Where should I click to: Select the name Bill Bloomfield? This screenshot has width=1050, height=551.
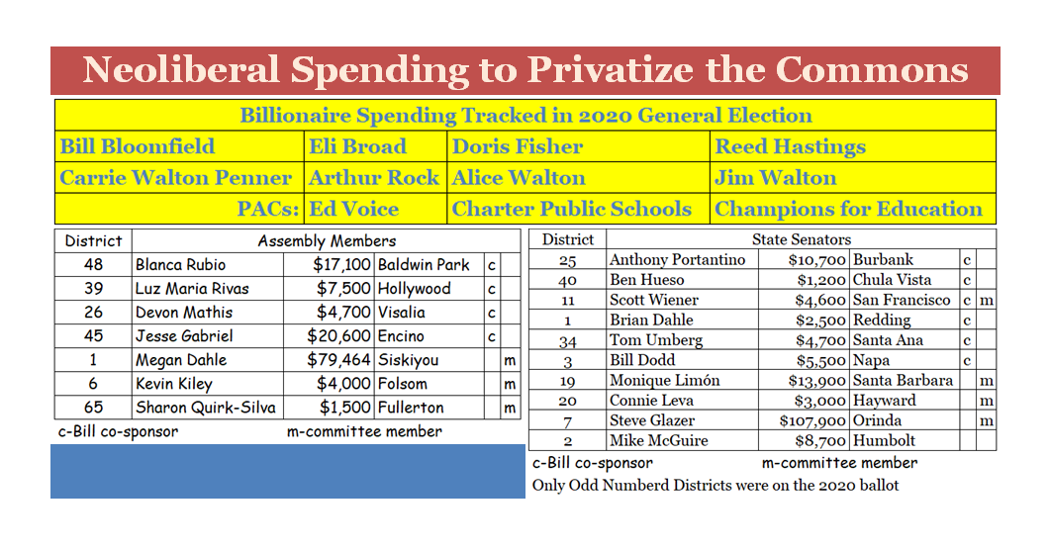tap(137, 147)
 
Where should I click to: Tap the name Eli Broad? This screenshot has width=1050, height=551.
tap(357, 147)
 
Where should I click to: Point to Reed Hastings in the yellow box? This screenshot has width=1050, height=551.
tap(790, 147)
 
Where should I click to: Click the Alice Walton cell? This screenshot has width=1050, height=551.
tap(519, 178)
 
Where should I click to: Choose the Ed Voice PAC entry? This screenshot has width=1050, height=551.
tap(354, 209)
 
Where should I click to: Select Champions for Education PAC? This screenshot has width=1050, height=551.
tap(848, 209)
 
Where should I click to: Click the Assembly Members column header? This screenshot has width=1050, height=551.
tap(327, 240)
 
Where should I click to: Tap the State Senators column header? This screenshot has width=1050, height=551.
tap(801, 239)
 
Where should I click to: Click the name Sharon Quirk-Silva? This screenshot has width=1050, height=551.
tap(206, 408)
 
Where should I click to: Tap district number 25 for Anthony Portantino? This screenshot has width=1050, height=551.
tap(567, 260)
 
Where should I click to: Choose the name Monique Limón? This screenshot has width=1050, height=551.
tap(665, 381)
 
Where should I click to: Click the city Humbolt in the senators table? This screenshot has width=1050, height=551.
tap(884, 441)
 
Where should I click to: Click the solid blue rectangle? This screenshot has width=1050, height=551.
tap(287, 471)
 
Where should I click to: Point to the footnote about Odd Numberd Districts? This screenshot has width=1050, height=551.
tap(716, 486)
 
